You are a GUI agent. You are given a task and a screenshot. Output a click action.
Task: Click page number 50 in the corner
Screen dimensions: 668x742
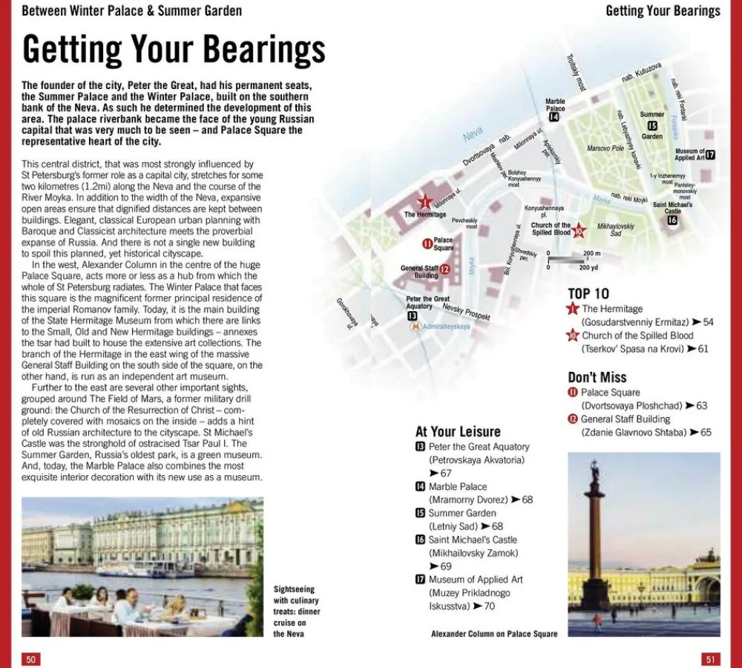click(x=30, y=659)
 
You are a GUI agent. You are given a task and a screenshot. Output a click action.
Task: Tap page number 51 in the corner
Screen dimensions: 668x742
click(x=710, y=659)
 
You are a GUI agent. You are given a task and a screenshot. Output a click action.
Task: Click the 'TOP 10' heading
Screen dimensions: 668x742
click(x=588, y=293)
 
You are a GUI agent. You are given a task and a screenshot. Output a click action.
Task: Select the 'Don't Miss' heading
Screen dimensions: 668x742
click(x=597, y=377)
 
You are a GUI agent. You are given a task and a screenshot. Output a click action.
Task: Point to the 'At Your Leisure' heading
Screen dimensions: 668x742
click(x=458, y=431)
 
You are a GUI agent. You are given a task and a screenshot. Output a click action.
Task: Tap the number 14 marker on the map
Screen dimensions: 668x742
click(x=554, y=117)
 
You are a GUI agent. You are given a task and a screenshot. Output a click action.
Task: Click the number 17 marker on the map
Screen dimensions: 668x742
click(x=710, y=154)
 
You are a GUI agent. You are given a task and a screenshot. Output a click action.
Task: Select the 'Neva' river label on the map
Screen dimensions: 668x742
click(x=473, y=136)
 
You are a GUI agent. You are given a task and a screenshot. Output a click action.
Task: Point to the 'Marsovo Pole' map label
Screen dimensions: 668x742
click(x=605, y=148)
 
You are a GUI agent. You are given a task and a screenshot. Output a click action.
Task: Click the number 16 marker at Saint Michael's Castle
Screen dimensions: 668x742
click(x=672, y=220)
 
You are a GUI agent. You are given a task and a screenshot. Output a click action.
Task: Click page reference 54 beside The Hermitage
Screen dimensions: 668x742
click(x=708, y=322)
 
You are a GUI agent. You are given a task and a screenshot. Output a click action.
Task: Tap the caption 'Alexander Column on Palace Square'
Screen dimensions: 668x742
click(x=494, y=634)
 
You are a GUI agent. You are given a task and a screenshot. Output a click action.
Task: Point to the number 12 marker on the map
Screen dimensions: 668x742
click(x=444, y=269)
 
